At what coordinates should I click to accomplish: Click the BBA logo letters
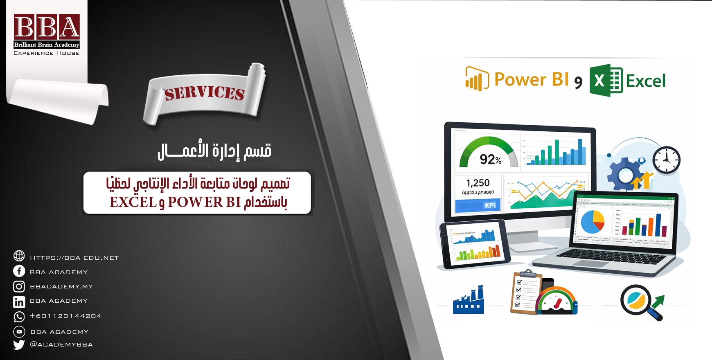click(47, 27)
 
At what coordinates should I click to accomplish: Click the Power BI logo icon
click(477, 79)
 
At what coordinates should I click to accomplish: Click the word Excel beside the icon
click(646, 81)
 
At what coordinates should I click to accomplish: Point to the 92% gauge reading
click(490, 159)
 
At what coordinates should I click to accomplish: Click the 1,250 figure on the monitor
click(478, 183)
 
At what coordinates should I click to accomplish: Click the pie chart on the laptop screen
click(593, 221)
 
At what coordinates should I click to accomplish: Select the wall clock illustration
click(666, 160)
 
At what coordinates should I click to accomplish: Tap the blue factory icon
click(469, 301)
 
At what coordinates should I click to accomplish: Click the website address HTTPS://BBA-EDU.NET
click(74, 258)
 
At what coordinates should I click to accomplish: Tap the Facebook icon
click(19, 271)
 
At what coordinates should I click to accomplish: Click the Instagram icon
click(19, 286)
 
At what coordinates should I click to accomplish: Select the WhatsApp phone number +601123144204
click(65, 316)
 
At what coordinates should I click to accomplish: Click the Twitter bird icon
click(19, 344)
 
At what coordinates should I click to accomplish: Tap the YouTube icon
click(19, 331)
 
